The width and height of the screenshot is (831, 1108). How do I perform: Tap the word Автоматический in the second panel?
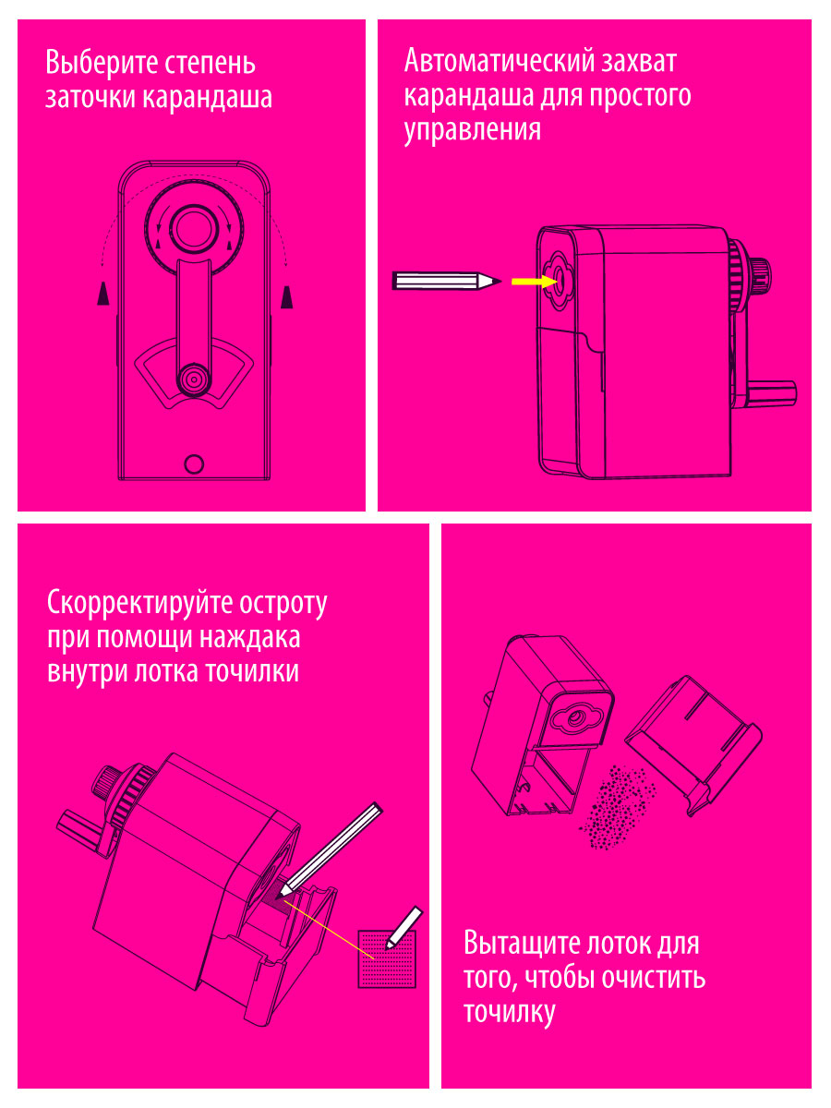point(497,61)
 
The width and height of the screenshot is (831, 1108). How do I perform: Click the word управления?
point(472,131)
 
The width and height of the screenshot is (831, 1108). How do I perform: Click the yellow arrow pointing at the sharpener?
point(535,282)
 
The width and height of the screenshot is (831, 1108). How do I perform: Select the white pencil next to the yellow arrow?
point(447,282)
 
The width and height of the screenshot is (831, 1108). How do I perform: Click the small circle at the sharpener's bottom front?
point(194,464)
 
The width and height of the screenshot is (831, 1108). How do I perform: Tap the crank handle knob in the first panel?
point(194,379)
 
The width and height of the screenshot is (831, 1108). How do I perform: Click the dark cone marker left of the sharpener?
point(103,294)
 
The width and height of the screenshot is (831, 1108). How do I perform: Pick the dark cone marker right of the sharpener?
point(286,296)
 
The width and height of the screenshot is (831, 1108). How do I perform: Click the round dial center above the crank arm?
point(194,229)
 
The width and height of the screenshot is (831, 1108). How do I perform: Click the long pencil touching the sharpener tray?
point(330,849)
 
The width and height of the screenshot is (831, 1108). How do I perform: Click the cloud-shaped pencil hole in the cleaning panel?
point(574,717)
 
